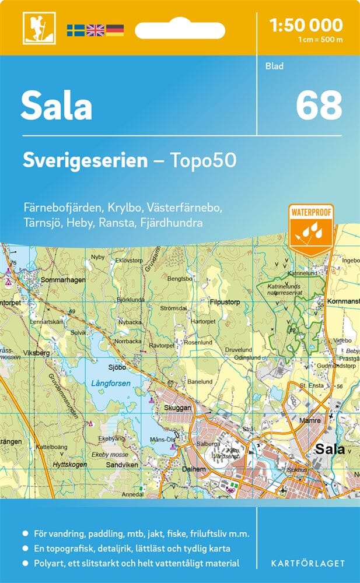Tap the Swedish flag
75,30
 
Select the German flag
115,30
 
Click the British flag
95,30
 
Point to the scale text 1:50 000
306,24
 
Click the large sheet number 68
319,106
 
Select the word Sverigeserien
85,161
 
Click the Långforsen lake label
111,384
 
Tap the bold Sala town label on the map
330,449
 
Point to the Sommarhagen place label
63,280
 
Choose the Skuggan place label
177,408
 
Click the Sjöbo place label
117,368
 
